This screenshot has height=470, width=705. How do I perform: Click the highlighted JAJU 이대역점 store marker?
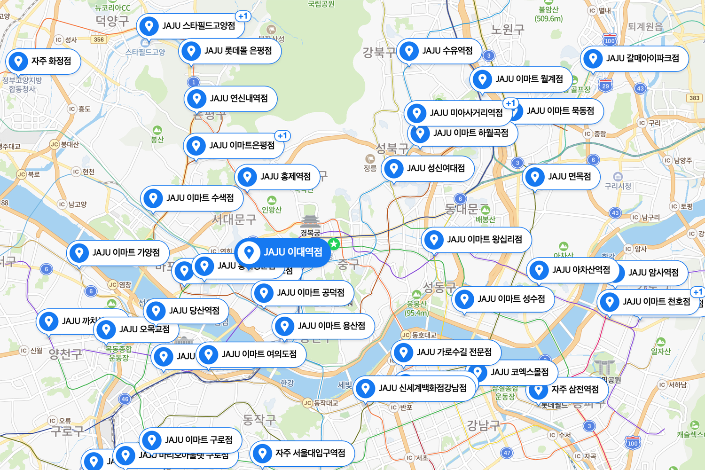coord(282,252)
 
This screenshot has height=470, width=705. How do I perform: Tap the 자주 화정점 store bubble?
coord(43,61)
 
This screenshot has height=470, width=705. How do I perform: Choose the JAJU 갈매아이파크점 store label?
coord(634,58)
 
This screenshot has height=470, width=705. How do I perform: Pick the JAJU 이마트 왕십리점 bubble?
coord(477,240)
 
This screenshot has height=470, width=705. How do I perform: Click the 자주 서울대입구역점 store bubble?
coord(302,453)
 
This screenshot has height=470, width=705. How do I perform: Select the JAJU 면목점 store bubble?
coord(561,177)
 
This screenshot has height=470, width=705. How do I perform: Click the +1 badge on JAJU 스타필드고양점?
coord(243,16)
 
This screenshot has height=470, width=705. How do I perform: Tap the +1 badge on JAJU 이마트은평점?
coord(282,136)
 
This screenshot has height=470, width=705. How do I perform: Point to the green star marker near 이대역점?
coord(334,244)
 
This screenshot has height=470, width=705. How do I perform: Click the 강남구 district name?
coord(483,425)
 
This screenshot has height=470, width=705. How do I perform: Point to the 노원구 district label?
coord(508,30)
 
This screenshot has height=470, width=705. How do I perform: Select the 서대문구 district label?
coord(234,219)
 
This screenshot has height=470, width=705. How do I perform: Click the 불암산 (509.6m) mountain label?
coord(548,14)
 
